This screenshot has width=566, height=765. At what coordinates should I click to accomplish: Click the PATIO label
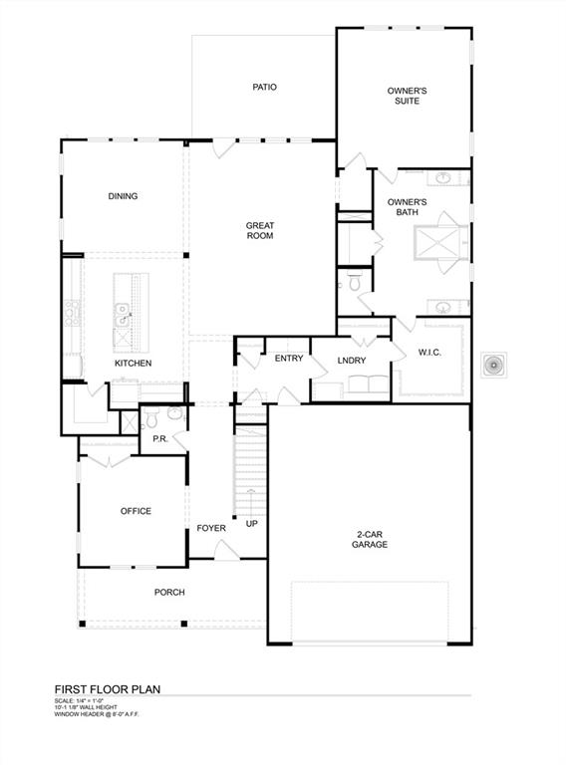pos(264,88)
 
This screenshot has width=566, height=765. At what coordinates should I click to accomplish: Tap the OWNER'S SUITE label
pos(408,96)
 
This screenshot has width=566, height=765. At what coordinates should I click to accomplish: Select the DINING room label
pos(123,196)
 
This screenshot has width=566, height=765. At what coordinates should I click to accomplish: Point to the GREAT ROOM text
pos(260,231)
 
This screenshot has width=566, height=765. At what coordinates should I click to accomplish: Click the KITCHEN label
pos(133,364)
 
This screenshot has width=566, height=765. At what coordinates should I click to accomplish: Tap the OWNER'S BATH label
pos(408,207)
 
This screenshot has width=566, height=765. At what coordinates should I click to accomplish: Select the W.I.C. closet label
pos(429,353)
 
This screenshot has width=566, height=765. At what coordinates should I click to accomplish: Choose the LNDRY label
pos(352,361)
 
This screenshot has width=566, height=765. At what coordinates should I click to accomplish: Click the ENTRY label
pos(289,359)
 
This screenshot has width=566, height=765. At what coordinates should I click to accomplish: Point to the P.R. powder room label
pos(158,439)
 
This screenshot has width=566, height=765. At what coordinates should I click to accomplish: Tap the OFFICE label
pos(136,511)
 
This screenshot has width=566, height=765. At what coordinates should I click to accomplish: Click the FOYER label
pos(211,528)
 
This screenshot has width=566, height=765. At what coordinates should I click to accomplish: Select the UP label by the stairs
pos(252,524)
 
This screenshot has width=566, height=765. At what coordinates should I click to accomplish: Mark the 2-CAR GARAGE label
pos(369,539)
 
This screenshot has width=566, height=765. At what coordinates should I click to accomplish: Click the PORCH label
pos(169,593)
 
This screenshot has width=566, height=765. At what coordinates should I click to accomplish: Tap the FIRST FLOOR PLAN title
pos(107,688)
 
